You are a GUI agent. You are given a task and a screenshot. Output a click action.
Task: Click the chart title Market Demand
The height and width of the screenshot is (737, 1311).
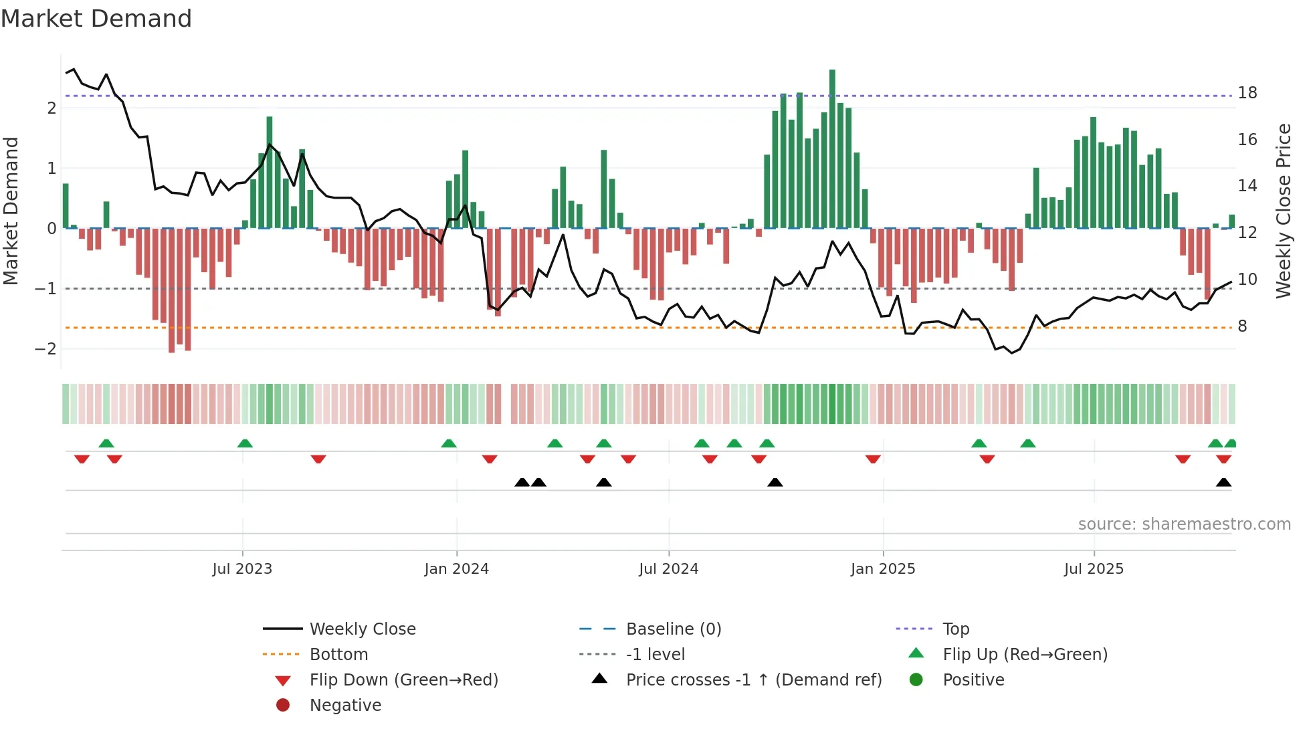tap(96, 19)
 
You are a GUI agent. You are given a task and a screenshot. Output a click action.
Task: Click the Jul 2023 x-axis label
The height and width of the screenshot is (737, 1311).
tap(242, 569)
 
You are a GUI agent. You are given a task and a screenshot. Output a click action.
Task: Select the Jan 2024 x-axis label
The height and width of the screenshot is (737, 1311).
tap(456, 569)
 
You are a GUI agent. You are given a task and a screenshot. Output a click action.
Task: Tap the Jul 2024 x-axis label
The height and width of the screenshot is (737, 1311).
tap(668, 569)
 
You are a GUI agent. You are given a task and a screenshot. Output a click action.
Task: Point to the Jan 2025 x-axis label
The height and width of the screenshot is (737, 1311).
tap(882, 569)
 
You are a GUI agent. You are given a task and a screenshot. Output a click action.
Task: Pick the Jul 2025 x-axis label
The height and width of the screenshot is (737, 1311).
tap(1094, 569)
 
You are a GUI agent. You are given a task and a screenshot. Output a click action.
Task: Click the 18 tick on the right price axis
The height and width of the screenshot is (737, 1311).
tap(1247, 93)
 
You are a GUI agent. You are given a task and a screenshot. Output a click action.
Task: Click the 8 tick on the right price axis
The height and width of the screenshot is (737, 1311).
tap(1242, 326)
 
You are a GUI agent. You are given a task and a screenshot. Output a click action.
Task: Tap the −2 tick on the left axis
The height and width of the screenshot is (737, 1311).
tap(45, 349)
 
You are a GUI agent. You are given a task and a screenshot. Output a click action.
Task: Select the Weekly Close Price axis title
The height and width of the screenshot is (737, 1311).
tap(1283, 211)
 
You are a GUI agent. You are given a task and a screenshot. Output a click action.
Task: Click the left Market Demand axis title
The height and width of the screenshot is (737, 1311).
tap(11, 211)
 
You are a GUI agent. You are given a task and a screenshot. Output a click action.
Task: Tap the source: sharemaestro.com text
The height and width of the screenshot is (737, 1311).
tap(1184, 524)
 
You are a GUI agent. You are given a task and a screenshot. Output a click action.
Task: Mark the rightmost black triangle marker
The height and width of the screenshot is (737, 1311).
tap(1223, 483)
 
